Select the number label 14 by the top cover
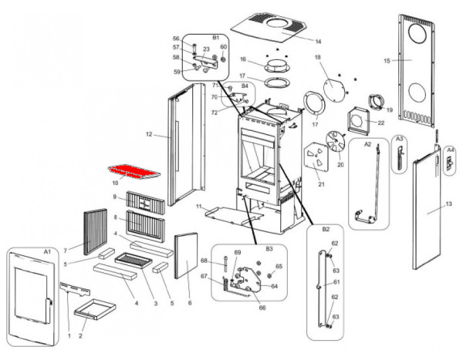297,40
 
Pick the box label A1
46,252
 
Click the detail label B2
324,229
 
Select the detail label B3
269,250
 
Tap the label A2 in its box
367,144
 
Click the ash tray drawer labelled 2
90,315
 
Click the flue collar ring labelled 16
275,61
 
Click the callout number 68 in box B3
204,261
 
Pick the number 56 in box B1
176,39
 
